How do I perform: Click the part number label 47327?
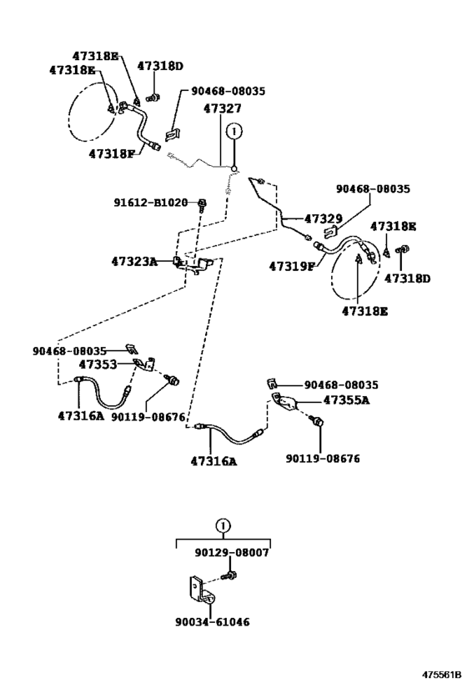point(222,108)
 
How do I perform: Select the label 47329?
point(324,218)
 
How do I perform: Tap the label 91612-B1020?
point(151,203)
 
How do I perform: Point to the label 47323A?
point(134,261)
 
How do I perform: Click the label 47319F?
point(291,266)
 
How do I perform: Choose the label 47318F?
point(112,153)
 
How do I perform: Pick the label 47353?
point(98,364)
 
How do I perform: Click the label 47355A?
point(346,399)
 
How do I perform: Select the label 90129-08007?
point(232,552)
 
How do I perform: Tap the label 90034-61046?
point(213,621)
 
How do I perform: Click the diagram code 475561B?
point(441,675)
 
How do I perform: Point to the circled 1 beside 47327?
point(234,130)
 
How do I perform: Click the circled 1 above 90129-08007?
point(223,525)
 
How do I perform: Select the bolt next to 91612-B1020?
point(202,203)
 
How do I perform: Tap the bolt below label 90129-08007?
point(230,575)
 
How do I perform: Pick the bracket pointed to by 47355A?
point(284,402)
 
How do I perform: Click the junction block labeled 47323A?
point(193,265)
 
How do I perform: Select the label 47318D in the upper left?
point(160,66)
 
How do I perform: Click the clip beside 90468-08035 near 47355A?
point(272,384)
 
